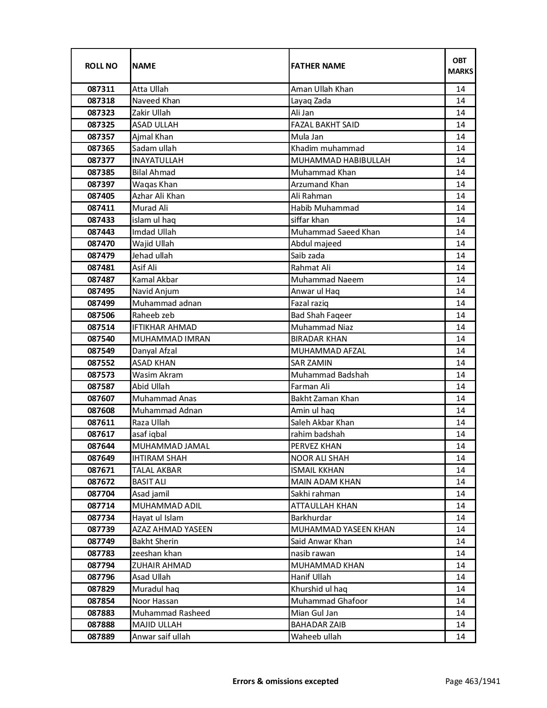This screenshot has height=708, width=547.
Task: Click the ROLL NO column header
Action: click(x=101, y=66)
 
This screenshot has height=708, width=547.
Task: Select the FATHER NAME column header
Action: click(x=318, y=66)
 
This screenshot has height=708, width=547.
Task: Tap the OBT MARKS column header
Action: click(x=460, y=66)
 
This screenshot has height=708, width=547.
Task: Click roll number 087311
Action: click(x=101, y=89)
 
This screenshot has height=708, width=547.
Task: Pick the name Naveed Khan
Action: click(x=156, y=101)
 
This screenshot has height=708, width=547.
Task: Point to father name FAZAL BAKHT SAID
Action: click(x=325, y=125)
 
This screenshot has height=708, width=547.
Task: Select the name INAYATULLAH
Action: click(x=158, y=160)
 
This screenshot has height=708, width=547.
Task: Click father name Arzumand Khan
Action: click(x=320, y=185)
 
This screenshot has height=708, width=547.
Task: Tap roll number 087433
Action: click(x=101, y=220)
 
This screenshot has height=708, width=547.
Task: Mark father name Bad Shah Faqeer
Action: click(x=321, y=315)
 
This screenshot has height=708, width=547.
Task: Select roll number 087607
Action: click(x=101, y=399)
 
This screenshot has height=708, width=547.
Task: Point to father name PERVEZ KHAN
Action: click(x=316, y=446)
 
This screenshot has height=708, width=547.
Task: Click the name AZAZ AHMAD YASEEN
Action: click(x=172, y=529)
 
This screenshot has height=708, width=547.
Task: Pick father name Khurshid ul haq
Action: click(x=319, y=589)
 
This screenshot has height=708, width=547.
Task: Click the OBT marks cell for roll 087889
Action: click(x=460, y=637)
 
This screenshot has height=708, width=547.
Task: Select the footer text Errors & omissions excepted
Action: click(x=285, y=681)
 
